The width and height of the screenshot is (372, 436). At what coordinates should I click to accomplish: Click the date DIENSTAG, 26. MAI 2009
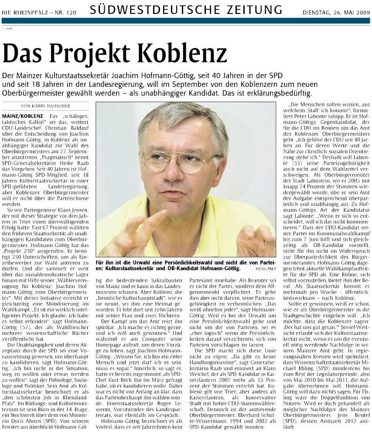point(336,12)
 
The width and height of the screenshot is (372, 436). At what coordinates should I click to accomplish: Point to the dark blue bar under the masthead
point(186,21)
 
